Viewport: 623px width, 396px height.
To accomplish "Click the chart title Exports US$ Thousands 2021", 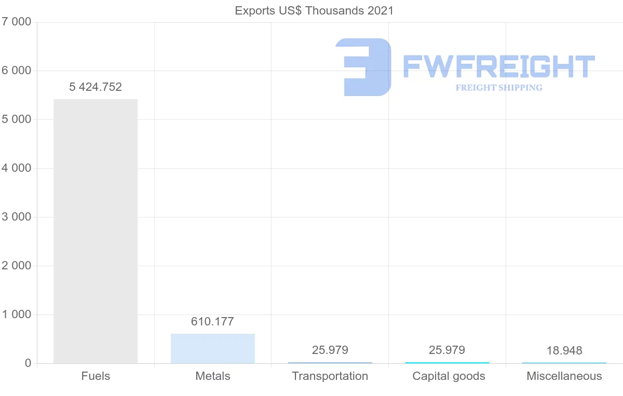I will point(314,10).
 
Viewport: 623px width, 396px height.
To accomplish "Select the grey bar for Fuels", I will point(96,231).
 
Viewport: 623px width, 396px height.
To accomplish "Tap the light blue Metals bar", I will point(213,348).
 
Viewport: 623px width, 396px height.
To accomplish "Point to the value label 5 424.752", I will point(96,87).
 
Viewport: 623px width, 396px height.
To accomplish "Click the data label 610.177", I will point(213,322).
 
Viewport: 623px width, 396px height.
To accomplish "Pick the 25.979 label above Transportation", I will point(330,350).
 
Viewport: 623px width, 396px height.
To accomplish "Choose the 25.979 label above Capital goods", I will point(447,350).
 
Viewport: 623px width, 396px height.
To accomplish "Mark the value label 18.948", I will point(564,351).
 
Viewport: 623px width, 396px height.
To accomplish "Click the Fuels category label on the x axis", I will point(96,376).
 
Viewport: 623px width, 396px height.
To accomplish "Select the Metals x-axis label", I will point(213,376).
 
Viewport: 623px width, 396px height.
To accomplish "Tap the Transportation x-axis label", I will point(330,376).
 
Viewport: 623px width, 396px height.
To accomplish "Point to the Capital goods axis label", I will point(449,376).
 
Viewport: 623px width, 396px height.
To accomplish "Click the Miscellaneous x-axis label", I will point(564,376).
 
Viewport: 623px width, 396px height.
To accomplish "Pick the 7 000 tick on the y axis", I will point(17,22).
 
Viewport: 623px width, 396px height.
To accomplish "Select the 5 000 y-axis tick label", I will point(17,119).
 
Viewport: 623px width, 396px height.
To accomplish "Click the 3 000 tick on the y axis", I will point(17,217).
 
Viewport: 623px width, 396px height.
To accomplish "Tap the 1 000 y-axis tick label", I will point(17,315).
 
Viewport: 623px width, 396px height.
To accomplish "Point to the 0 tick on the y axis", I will point(28,363).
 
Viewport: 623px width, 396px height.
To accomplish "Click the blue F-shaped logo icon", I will point(363,67).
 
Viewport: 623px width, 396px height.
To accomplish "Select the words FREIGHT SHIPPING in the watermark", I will point(499,88).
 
